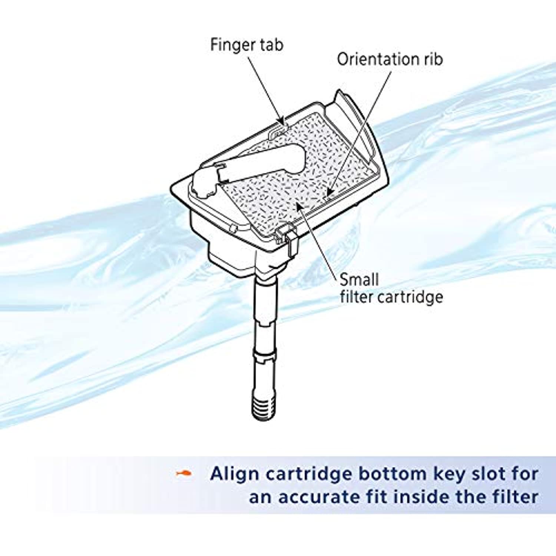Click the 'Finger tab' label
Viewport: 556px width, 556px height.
pyautogui.click(x=246, y=45)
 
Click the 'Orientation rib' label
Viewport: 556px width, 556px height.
pyautogui.click(x=390, y=59)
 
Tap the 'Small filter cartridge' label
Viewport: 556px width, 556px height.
pyautogui.click(x=391, y=288)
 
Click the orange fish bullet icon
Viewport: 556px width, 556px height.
pyautogui.click(x=184, y=473)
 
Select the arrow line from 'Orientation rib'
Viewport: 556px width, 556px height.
pyautogui.click(x=359, y=132)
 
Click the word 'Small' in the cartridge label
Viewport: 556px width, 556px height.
pyautogui.click(x=359, y=279)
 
